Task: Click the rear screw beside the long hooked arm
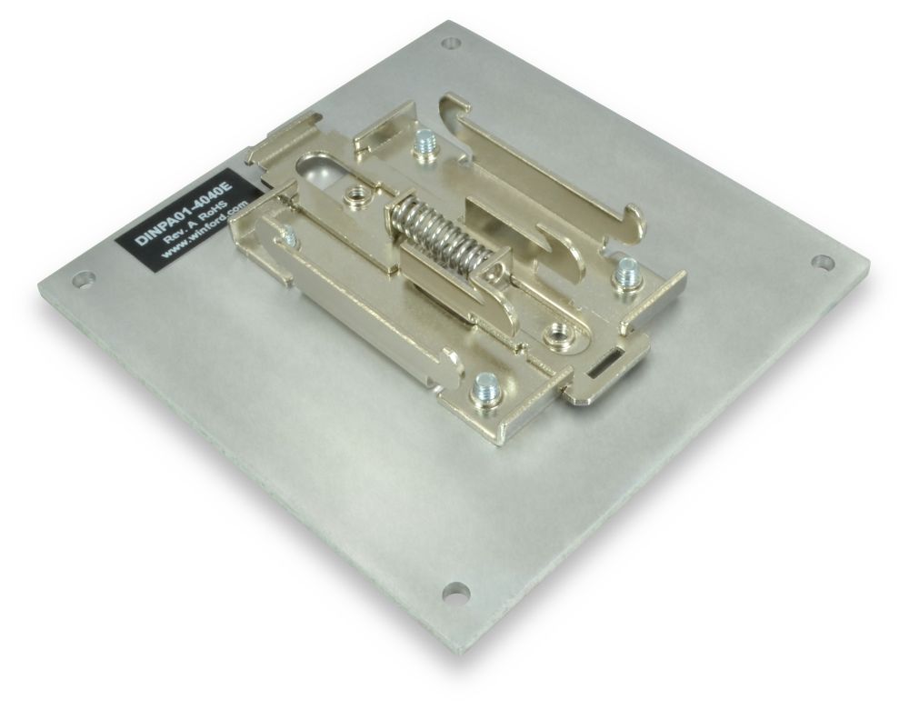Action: [x=423, y=145]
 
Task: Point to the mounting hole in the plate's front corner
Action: [x=454, y=593]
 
